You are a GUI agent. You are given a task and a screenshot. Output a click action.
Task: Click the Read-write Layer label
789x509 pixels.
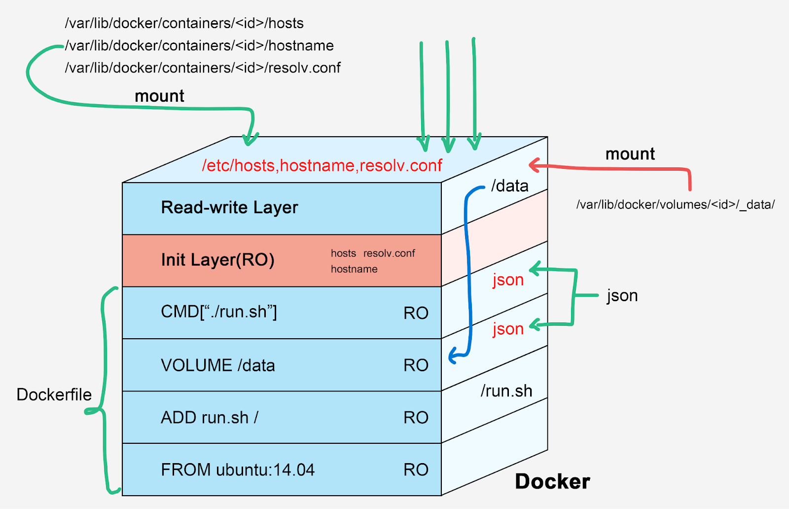tap(229, 208)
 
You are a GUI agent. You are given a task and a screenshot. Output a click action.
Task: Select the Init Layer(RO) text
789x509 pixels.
tap(217, 260)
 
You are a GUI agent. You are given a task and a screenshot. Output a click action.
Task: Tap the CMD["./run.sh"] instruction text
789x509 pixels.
tap(218, 312)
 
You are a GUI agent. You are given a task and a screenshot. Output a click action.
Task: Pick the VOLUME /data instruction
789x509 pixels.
tap(217, 365)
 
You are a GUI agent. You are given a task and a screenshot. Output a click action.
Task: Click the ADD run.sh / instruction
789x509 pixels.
tap(209, 418)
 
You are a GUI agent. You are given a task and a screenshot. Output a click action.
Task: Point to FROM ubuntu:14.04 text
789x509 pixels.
tap(237, 470)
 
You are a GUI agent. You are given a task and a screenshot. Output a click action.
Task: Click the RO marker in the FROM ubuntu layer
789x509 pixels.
tap(416, 470)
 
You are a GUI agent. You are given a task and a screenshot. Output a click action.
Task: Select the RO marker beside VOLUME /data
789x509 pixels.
tap(416, 365)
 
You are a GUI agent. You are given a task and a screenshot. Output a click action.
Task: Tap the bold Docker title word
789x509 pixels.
tap(552, 482)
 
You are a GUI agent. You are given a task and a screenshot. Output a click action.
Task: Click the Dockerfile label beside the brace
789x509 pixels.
tap(54, 394)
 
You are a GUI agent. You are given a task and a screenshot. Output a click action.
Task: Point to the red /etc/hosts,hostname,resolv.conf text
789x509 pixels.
tap(322, 165)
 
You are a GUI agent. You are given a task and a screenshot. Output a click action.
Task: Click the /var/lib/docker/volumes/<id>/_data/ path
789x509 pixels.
tap(676, 204)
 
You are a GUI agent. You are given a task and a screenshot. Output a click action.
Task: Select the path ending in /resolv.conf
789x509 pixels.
tap(203, 68)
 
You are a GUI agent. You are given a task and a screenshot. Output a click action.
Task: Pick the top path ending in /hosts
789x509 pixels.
tap(184, 23)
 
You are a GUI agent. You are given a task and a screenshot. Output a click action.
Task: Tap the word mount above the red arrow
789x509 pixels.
tap(630, 154)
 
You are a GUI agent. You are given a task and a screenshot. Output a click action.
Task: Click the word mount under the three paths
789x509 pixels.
tap(159, 96)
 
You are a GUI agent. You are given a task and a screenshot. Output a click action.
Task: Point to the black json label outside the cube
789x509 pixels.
tap(622, 295)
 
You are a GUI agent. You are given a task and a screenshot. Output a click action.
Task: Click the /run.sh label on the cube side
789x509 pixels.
tap(506, 391)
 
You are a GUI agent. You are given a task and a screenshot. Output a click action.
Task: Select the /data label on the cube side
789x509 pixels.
tap(510, 186)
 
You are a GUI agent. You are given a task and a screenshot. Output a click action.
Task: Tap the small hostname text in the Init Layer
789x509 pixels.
tap(354, 269)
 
